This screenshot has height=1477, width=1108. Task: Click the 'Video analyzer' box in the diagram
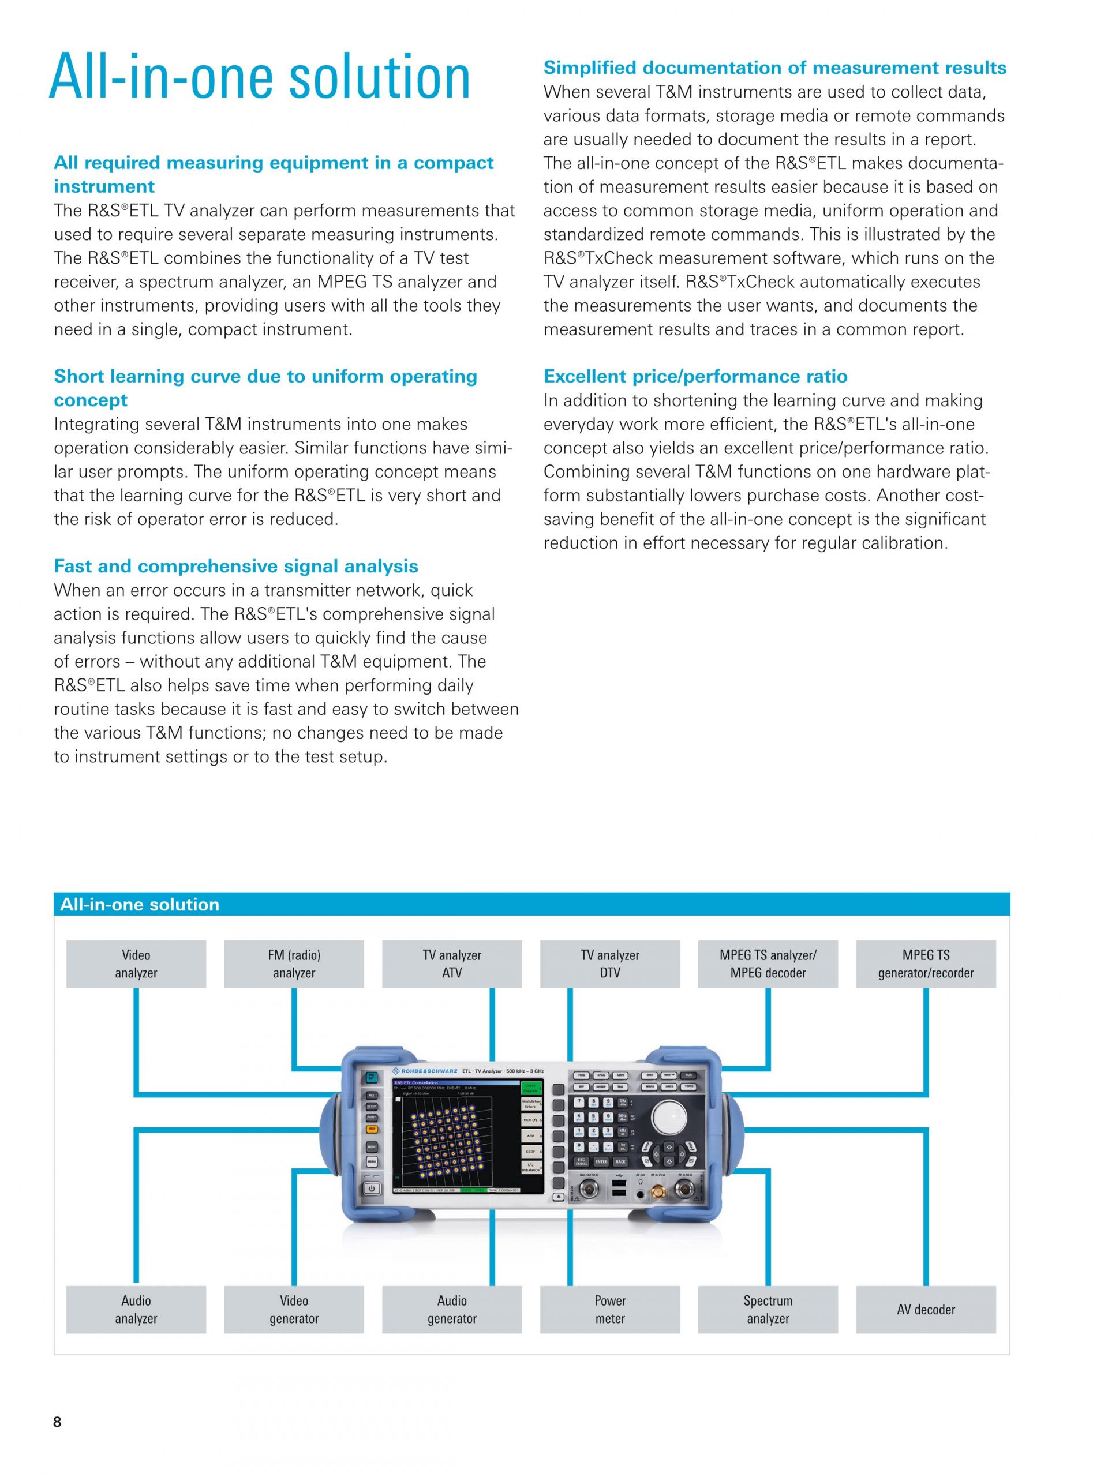tap(136, 964)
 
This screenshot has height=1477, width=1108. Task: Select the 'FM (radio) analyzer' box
tap(294, 964)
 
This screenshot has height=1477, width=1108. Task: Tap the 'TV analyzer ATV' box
tap(451, 964)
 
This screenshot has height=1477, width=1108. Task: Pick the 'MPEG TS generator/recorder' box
tap(926, 964)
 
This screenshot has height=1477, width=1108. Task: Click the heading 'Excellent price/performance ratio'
tap(695, 377)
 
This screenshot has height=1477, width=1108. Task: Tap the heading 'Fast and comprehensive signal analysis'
tap(236, 566)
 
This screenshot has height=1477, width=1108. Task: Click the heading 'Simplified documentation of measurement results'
tap(774, 68)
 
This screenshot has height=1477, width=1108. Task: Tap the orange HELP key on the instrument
tap(371, 1129)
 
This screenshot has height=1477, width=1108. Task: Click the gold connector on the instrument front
tap(658, 1191)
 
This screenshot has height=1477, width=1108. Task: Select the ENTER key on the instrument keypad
tap(601, 1162)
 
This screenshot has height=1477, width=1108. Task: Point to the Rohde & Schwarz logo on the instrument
tap(429, 1071)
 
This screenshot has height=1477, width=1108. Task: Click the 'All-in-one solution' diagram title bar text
tap(140, 904)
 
